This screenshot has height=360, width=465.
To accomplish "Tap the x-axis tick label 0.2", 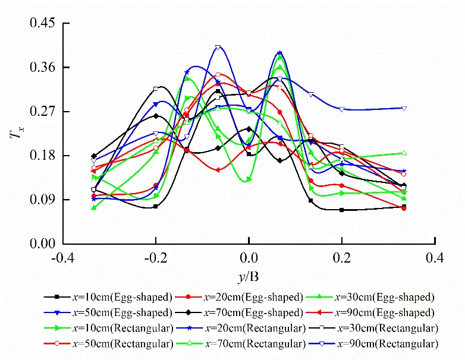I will click(343, 258).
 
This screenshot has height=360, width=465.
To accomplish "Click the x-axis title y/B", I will click(249, 276).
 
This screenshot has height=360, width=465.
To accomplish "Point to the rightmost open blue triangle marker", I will click(404, 108).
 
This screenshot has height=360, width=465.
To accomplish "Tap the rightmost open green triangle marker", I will click(404, 153).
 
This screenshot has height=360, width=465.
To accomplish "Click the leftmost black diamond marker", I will click(94, 156).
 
